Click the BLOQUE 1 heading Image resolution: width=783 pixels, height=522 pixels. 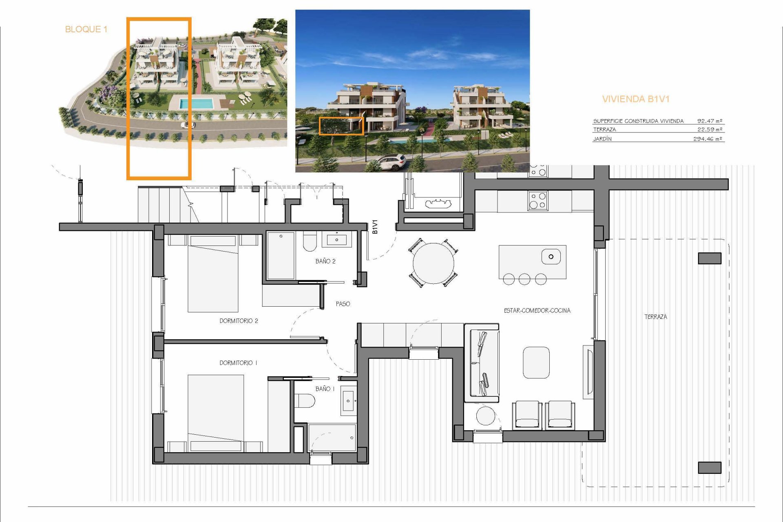(86, 29)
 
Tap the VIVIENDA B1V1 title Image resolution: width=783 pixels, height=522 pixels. (636, 99)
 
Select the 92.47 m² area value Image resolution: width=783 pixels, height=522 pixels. (710, 121)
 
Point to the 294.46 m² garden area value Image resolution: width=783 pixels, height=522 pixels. (708, 139)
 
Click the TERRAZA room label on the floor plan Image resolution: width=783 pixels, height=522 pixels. (656, 316)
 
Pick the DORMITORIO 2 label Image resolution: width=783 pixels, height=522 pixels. (239, 321)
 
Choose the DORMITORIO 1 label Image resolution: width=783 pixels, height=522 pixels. (238, 363)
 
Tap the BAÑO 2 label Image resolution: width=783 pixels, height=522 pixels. (325, 261)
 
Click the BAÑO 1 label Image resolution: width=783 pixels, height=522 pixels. (325, 389)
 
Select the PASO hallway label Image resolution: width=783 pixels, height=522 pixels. (343, 304)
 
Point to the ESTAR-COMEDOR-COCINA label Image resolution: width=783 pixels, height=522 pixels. (537, 311)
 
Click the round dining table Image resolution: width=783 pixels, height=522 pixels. (434, 263)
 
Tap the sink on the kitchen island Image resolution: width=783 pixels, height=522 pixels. (551, 257)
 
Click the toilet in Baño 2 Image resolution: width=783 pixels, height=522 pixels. (310, 242)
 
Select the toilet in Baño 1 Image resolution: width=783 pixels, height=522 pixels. (305, 401)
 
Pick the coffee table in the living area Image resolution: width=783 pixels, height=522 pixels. (536, 363)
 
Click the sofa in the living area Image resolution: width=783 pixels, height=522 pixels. (482, 363)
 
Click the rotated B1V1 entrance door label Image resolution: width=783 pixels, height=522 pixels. (375, 227)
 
